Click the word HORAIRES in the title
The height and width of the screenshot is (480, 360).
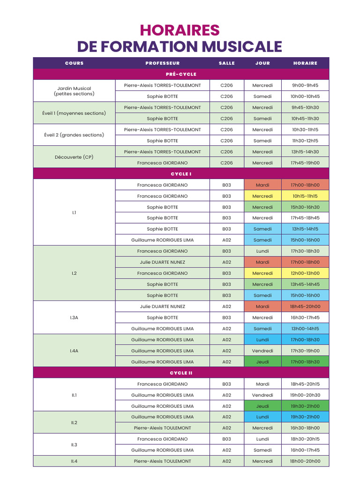click(x=180, y=30)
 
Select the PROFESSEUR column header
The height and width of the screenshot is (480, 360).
click(x=162, y=63)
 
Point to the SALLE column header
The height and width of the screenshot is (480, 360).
click(x=226, y=63)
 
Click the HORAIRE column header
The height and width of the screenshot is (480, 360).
click(x=305, y=63)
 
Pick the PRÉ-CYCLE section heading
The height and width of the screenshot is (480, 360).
click(x=181, y=74)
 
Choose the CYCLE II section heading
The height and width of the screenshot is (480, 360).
click(x=181, y=373)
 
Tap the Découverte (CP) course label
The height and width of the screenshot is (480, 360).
click(x=74, y=157)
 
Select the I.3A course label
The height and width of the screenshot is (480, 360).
click(x=74, y=317)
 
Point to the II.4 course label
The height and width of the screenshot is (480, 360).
click(x=74, y=461)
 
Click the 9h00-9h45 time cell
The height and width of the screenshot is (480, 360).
click(x=305, y=85)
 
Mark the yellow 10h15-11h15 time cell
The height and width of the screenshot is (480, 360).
click(x=305, y=196)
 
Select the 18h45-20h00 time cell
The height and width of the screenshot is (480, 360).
click(x=305, y=307)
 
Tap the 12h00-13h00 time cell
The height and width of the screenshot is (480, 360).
click(x=305, y=273)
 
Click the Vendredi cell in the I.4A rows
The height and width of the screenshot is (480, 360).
click(x=262, y=351)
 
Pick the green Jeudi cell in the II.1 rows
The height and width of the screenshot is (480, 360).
click(x=262, y=406)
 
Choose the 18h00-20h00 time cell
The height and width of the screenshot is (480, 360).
click(x=305, y=461)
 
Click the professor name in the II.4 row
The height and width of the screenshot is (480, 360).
click(x=162, y=461)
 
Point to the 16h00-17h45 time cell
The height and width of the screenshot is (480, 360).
click(x=305, y=450)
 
